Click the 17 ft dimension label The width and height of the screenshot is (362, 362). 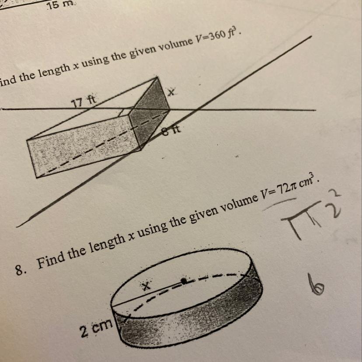tap(84, 101)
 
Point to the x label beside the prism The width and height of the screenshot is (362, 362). tap(171, 92)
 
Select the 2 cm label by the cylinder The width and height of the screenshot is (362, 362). tap(96, 327)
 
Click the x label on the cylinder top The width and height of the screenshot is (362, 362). tap(146, 286)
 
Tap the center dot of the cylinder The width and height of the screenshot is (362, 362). tap(184, 281)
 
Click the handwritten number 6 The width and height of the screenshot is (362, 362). tap(316, 285)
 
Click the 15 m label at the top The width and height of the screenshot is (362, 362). tap(60, 5)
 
